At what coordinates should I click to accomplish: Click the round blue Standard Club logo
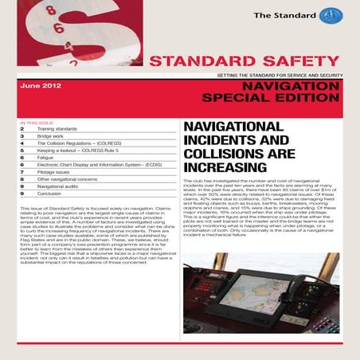[x=341, y=17]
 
